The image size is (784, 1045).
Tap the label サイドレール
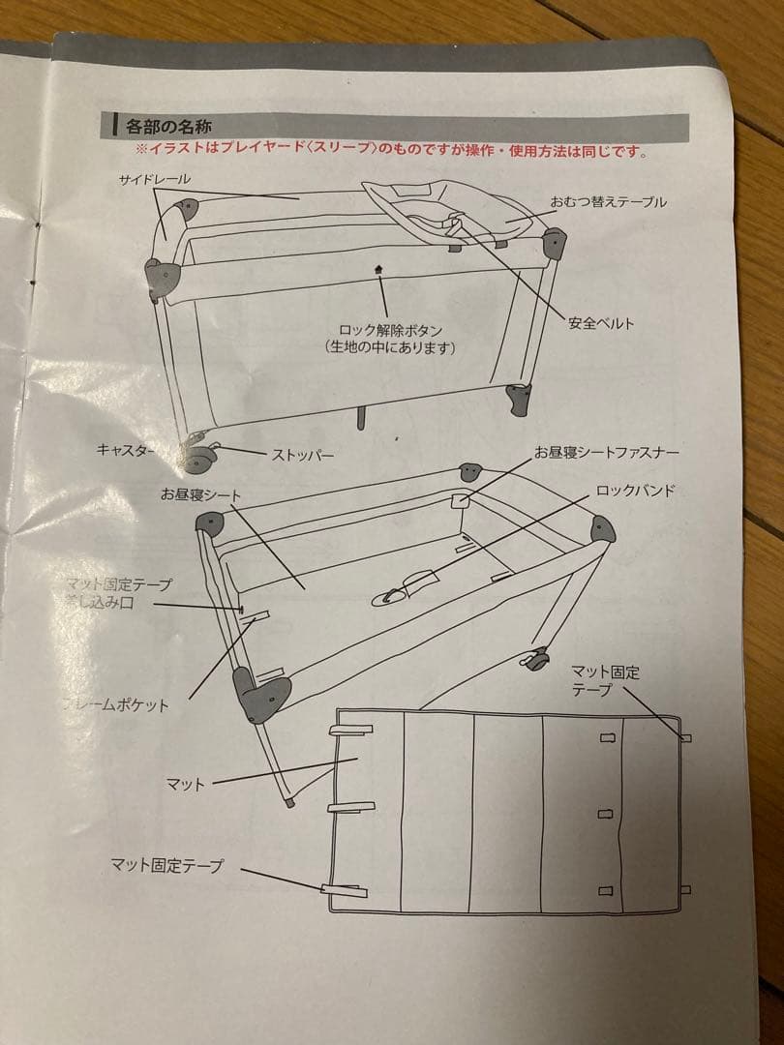click(155, 180)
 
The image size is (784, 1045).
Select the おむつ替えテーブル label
click(608, 202)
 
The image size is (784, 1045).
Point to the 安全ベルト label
click(601, 323)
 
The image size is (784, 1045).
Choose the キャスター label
click(125, 449)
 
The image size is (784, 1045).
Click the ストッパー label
click(302, 453)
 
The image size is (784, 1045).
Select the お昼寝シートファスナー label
click(606, 452)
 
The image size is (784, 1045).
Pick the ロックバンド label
click(635, 491)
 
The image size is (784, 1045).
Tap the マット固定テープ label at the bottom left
click(166, 866)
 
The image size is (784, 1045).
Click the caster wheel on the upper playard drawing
click(197, 456)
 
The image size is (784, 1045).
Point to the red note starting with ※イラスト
click(391, 151)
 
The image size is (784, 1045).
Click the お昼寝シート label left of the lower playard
click(200, 494)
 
